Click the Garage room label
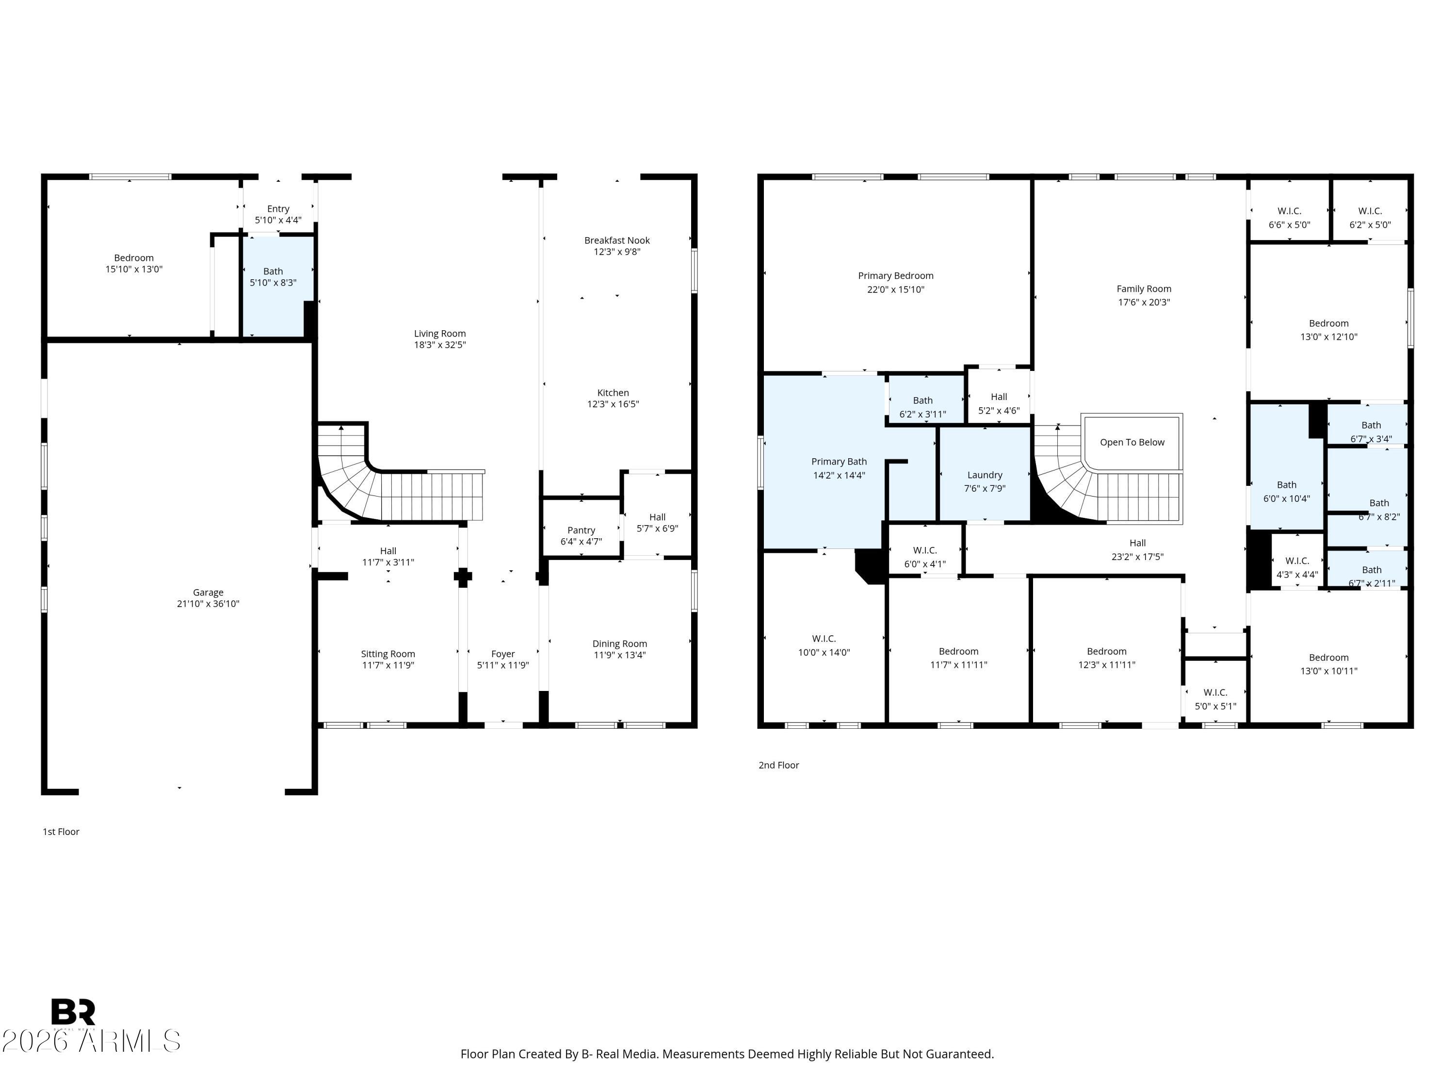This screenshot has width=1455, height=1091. click(208, 593)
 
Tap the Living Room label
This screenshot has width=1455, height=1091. click(439, 334)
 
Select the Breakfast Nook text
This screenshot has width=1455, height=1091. click(617, 241)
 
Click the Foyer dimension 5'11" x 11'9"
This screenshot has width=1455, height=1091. click(502, 665)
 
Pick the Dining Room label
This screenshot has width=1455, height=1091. click(620, 644)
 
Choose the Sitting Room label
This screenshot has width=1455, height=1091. click(388, 654)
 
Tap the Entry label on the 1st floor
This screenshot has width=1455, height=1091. click(278, 209)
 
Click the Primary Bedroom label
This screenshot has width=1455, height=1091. click(895, 275)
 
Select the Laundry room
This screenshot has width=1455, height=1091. click(984, 474)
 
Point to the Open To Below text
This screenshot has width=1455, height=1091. click(1132, 442)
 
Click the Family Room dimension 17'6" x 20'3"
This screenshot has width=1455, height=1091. click(1144, 303)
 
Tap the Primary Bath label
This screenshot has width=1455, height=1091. click(839, 462)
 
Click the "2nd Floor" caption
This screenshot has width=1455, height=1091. click(779, 765)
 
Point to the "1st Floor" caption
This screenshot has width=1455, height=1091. click(61, 831)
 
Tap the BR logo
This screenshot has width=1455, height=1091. click(73, 1012)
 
